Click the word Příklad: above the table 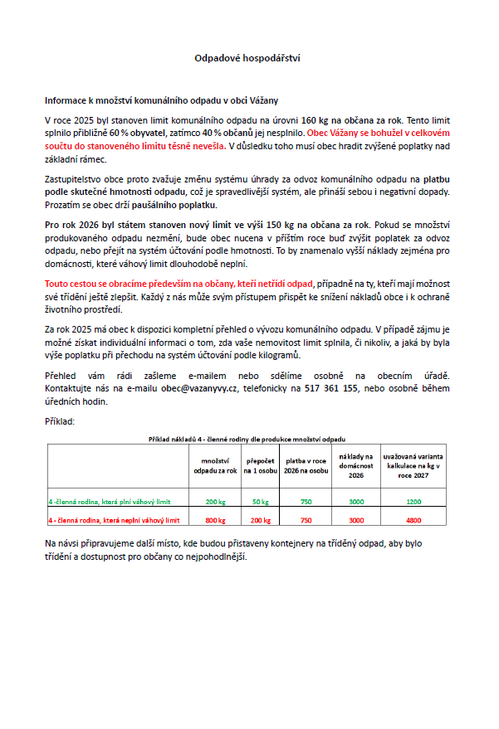[x=60, y=421]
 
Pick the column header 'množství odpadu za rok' [x=215, y=464]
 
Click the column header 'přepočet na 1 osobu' [x=261, y=464]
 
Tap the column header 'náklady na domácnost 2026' [x=356, y=464]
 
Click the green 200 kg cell [x=215, y=502]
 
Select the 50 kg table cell [x=261, y=502]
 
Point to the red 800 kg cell [x=215, y=520]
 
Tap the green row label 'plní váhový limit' [x=110, y=502]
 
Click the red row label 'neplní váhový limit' [x=114, y=520]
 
